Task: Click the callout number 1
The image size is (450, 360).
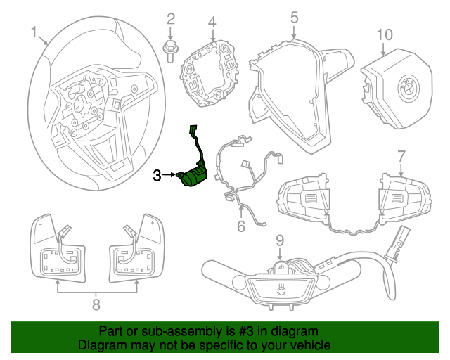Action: (34, 32)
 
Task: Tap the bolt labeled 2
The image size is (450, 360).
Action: (170, 51)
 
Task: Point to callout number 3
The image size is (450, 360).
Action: (157, 175)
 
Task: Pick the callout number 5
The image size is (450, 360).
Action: (294, 16)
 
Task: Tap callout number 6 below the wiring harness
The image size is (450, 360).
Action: (240, 226)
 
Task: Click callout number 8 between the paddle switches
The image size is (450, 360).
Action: (96, 304)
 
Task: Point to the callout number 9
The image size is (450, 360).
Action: (279, 240)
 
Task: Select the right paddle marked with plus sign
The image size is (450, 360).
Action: (150, 226)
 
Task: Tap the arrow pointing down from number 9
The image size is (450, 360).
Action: (279, 252)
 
